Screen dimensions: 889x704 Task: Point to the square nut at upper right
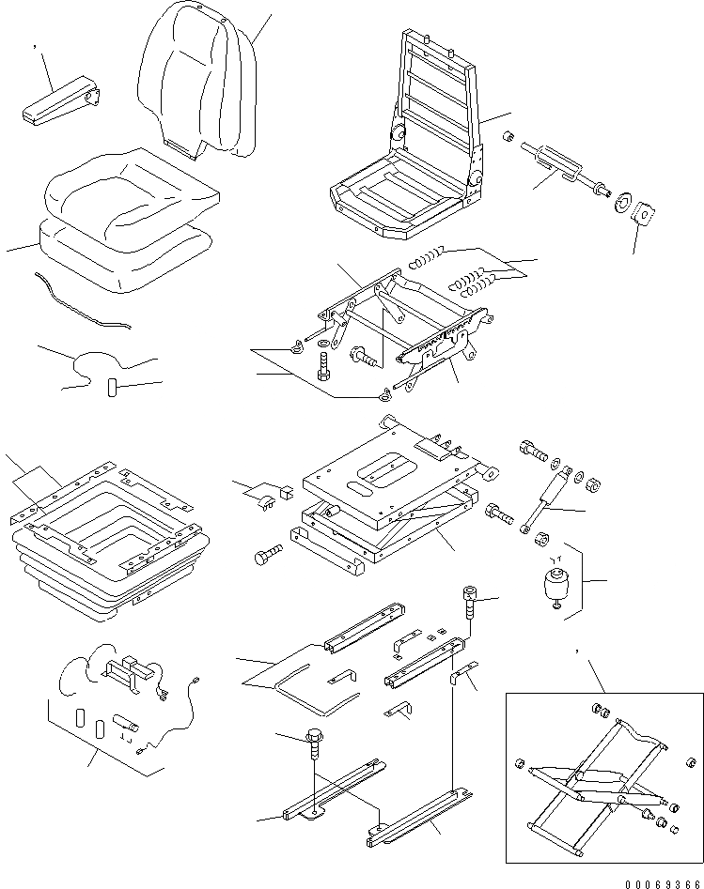click(x=643, y=215)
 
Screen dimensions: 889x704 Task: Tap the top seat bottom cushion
click(x=132, y=192)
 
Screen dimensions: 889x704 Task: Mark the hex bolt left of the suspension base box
click(x=267, y=556)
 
